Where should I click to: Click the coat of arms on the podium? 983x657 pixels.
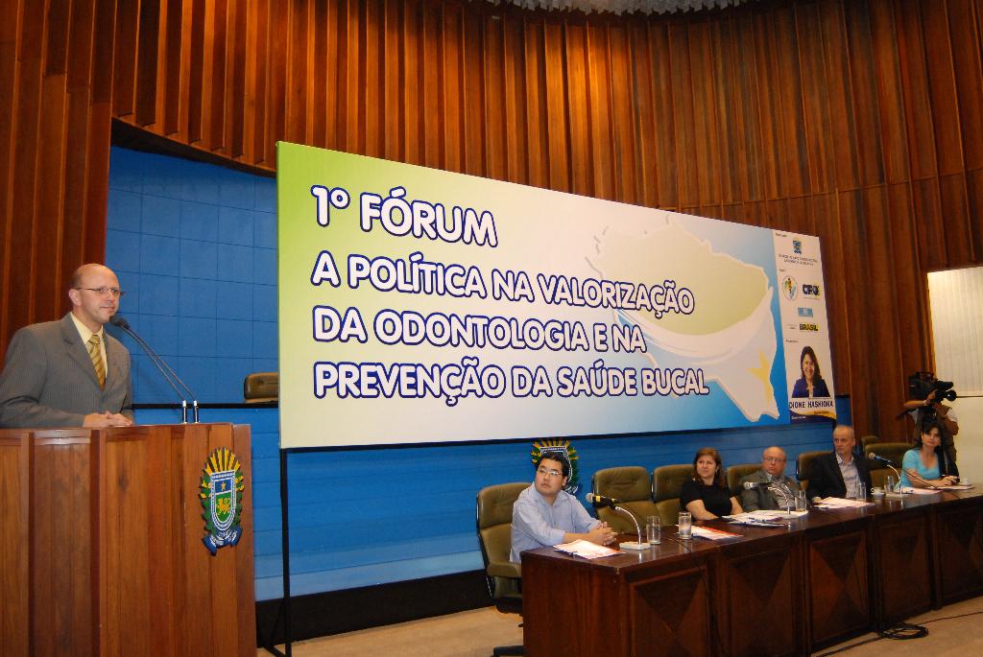221,500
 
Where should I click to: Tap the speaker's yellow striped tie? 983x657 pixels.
97,360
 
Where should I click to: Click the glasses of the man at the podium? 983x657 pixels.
101,291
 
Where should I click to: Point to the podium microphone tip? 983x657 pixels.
119,322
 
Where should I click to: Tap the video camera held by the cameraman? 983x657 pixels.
931,387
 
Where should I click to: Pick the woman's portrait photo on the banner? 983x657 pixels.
810,373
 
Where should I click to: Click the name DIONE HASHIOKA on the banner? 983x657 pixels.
812,406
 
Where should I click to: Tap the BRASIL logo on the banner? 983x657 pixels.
808,327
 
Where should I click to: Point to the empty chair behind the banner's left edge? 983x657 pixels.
260,386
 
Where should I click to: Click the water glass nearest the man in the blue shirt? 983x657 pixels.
653,529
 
